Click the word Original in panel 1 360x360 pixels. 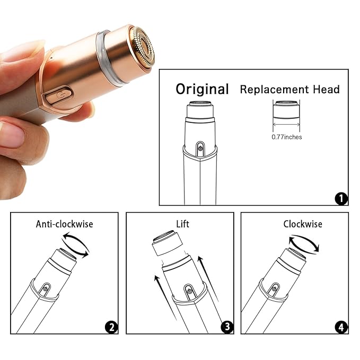202,89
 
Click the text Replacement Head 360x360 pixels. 289,89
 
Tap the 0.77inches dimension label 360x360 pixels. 286,137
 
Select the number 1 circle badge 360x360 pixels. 341,199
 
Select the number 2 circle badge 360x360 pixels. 111,327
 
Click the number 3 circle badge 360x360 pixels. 226,327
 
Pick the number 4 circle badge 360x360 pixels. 341,327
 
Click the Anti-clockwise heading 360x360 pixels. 64,224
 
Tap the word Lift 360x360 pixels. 182,224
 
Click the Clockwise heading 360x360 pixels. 302,224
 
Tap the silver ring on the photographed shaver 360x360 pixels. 111,59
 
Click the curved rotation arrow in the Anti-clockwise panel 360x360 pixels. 75,245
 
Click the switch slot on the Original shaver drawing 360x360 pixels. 200,148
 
